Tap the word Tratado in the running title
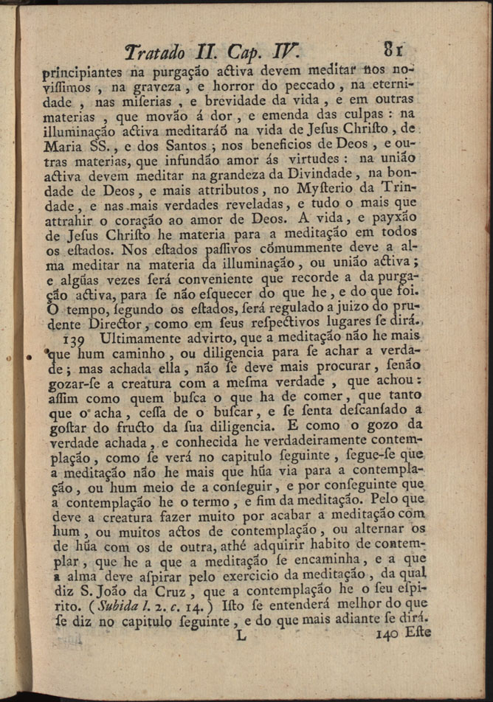click(x=155, y=53)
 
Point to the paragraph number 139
click(x=77, y=339)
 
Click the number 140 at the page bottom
click(x=386, y=633)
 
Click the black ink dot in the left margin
click(x=29, y=357)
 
